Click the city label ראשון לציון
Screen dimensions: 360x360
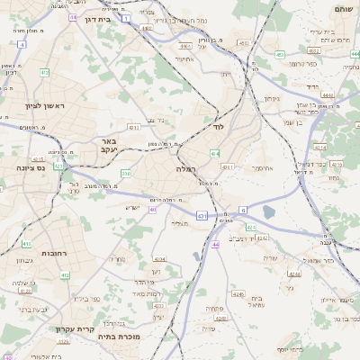point(37,105)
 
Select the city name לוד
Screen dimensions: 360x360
point(217,127)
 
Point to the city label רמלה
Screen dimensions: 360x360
point(186,168)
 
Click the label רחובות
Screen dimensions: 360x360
point(55,255)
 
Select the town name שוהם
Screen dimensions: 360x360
point(343,8)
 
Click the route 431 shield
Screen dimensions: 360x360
point(202,217)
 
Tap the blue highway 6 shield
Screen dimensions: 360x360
point(243,210)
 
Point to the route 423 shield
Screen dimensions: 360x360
point(59,166)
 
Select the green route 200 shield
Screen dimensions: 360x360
point(125,173)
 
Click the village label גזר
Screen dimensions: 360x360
point(288,289)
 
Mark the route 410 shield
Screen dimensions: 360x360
point(27,244)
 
